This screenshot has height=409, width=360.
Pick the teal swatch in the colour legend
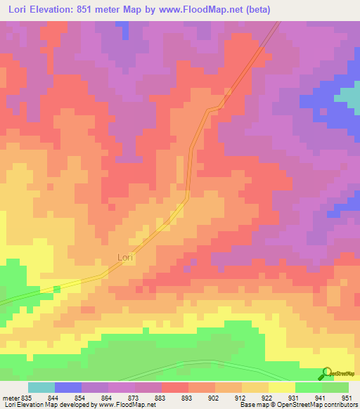41,387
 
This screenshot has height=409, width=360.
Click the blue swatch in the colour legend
68,387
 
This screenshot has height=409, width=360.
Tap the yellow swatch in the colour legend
282,387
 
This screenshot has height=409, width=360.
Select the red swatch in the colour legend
175,387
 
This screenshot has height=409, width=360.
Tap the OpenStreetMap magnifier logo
326,374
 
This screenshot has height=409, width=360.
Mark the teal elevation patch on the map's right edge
349,97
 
